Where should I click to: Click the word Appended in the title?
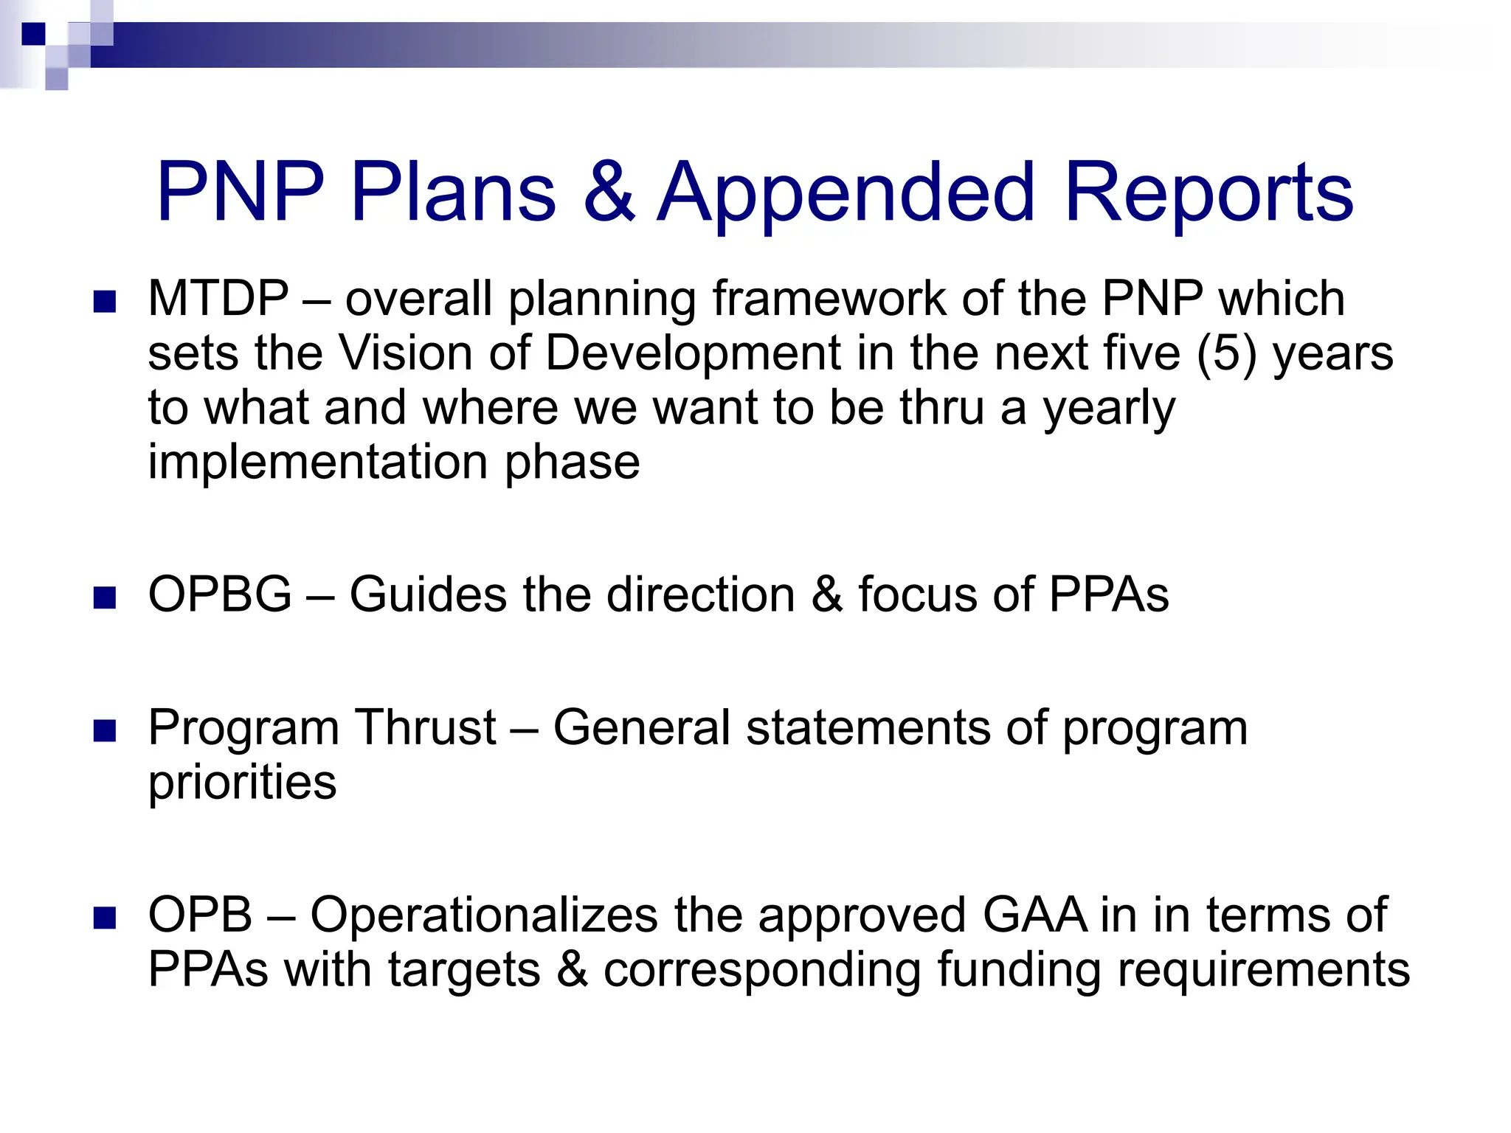click(846, 193)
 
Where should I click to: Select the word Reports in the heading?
click(1208, 193)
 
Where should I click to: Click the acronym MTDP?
click(218, 299)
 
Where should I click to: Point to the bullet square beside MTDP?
click(106, 302)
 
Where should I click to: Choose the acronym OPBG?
click(220, 595)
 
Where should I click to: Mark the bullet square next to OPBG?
click(106, 597)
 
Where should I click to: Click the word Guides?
click(428, 595)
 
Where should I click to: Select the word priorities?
click(242, 782)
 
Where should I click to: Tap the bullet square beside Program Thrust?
click(106, 730)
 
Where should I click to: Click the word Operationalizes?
click(483, 915)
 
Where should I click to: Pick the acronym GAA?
click(1034, 915)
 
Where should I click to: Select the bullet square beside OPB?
click(106, 918)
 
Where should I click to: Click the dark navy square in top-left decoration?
click(33, 34)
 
